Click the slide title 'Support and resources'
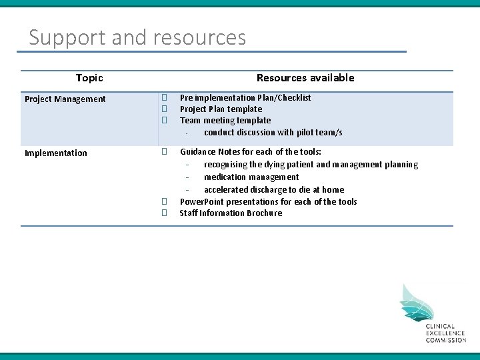[x=137, y=37]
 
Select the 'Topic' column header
[x=89, y=78]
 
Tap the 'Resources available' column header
[x=305, y=78]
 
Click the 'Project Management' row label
[x=65, y=99]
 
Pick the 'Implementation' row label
[x=55, y=153]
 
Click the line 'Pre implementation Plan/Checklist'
[x=245, y=98]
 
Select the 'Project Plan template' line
[x=221, y=109]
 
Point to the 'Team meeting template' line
[x=225, y=121]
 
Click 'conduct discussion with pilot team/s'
[x=273, y=133]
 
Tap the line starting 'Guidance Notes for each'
[x=250, y=152]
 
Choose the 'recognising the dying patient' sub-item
[x=311, y=165]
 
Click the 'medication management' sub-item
[x=251, y=177]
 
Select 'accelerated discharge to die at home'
[x=273, y=190]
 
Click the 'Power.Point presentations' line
[x=268, y=202]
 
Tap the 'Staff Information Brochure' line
[x=231, y=213]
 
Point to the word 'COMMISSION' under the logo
[x=446, y=340]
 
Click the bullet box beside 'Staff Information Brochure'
[x=163, y=213]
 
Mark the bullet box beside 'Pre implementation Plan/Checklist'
[x=163, y=98]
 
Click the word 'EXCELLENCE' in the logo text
[x=446, y=333]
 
